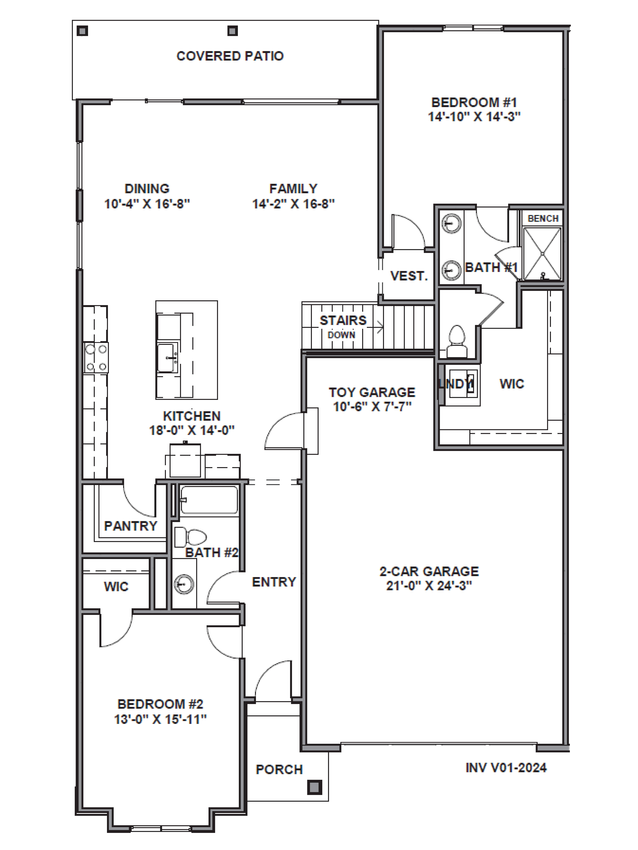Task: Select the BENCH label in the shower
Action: coord(543,218)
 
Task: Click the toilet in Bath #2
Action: coord(190,537)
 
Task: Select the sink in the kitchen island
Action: coord(167,358)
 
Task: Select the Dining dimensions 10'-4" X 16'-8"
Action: coord(147,204)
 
